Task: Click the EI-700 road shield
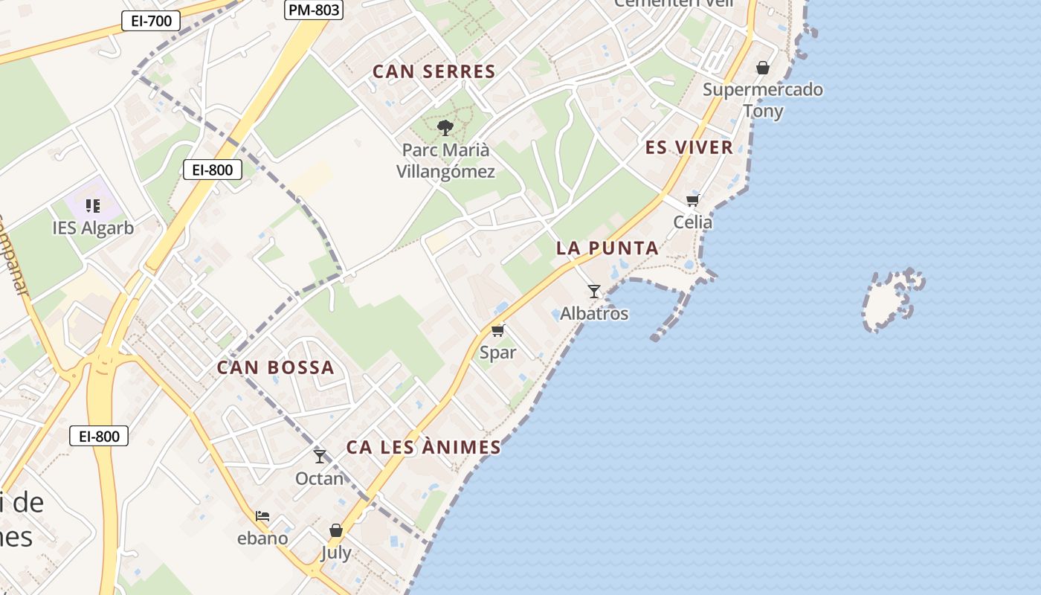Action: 151,21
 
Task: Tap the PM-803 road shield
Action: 313,10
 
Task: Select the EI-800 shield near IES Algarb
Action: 213,170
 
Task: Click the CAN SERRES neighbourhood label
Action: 434,72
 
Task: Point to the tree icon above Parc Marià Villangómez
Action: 445,128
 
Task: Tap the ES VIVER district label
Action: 689,147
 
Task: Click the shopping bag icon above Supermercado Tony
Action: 763,68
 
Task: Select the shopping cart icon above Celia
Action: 693,200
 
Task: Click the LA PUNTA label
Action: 607,248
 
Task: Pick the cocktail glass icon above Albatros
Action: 593,291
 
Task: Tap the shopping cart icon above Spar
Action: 497,330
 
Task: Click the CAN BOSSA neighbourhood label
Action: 276,367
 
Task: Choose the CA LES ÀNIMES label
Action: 424,448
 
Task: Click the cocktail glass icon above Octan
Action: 320,456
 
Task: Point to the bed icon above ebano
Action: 262,515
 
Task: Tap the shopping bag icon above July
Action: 336,530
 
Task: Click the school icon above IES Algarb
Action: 93,205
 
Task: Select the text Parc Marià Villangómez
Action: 445,161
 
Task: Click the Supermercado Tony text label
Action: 763,100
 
